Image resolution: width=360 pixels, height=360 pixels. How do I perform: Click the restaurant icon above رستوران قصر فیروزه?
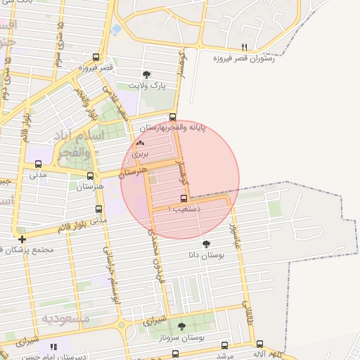pyautogui.click(x=245, y=48)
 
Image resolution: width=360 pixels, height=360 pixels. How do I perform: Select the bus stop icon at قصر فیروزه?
pyautogui.click(x=96, y=58)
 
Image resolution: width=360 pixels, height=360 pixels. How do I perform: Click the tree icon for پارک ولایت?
pyautogui.click(x=146, y=74)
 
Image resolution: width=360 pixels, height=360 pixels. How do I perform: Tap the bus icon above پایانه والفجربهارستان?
pyautogui.click(x=172, y=117)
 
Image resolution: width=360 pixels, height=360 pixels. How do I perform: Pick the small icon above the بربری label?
pyautogui.click(x=139, y=143)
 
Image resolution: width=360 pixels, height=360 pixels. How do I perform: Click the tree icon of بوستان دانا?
pyautogui.click(x=206, y=244)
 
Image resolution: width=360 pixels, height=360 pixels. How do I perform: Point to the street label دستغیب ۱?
pyautogui.click(x=185, y=209)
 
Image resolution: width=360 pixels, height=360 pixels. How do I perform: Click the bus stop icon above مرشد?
pyautogui.click(x=224, y=345)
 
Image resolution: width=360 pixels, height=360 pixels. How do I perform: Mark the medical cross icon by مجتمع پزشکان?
pyautogui.click(x=22, y=239)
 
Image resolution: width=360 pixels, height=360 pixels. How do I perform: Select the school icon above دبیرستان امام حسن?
pyautogui.click(x=54, y=347)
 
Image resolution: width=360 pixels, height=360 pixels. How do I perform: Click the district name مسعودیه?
pyautogui.click(x=66, y=319)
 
